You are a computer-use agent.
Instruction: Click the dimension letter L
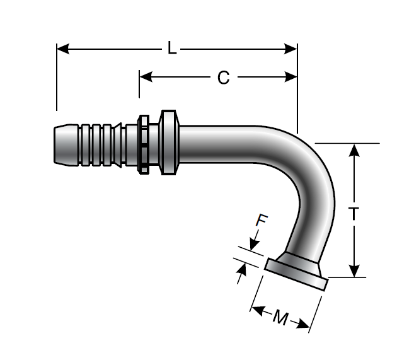pyautogui.click(x=172, y=48)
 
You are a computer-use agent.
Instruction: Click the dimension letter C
pyautogui.click(x=223, y=78)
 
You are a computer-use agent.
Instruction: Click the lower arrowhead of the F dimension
pyautogui.click(x=241, y=272)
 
